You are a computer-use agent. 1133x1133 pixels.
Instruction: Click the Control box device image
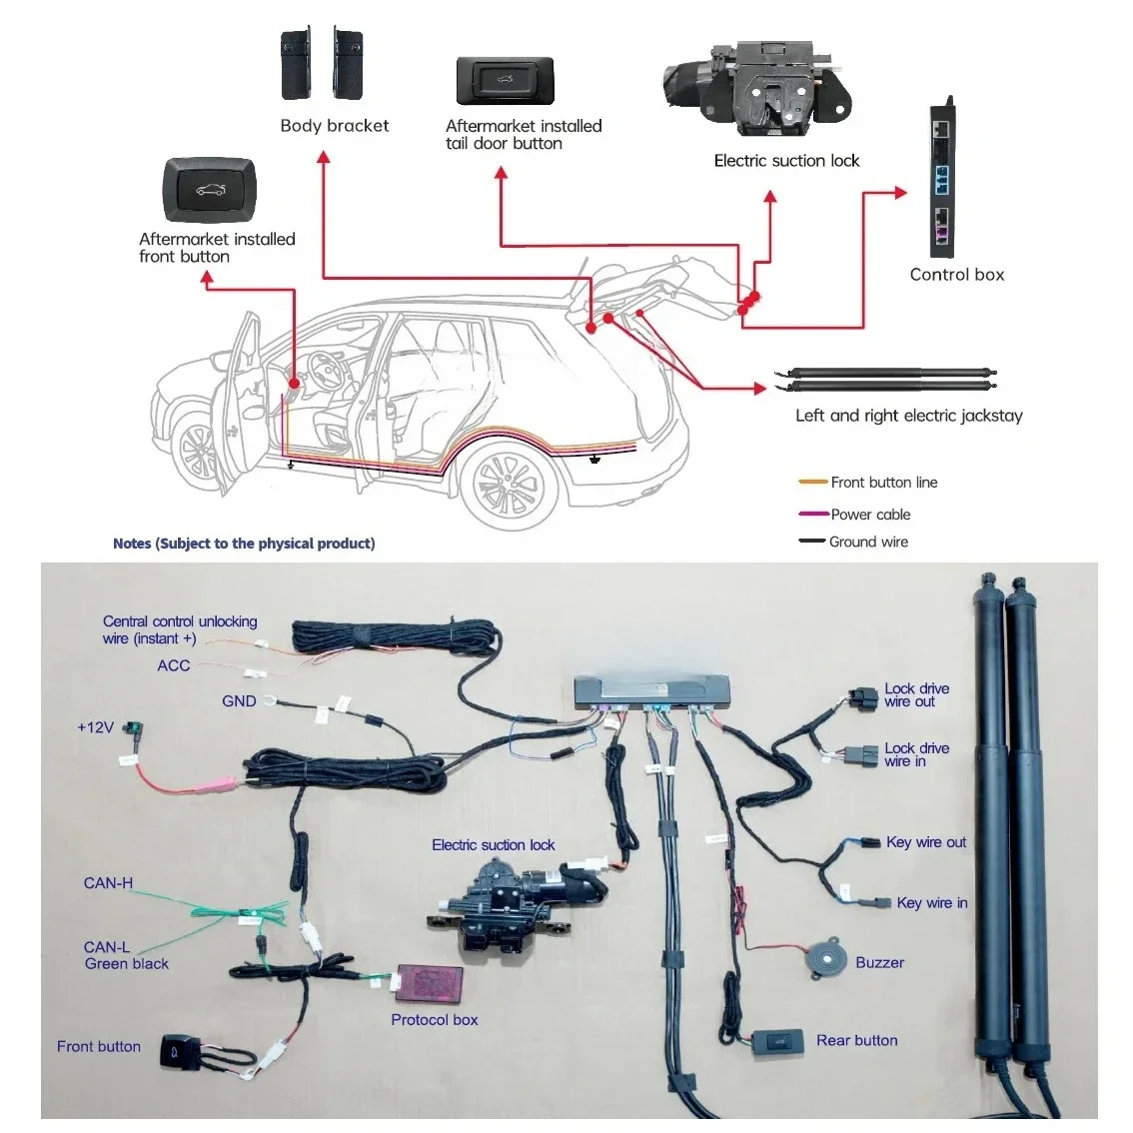pyautogui.click(x=943, y=180)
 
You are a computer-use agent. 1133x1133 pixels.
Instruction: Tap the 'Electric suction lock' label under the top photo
pyautogui.click(x=786, y=161)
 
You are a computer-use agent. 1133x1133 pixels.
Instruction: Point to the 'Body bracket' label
pyautogui.click(x=335, y=126)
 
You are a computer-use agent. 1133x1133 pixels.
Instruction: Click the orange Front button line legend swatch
pyautogui.click(x=812, y=483)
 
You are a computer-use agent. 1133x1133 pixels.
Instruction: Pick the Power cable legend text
pyautogui.click(x=870, y=515)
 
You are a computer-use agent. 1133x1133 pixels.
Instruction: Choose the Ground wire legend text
pyautogui.click(x=868, y=542)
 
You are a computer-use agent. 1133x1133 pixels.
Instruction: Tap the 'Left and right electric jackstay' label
pyautogui.click(x=909, y=416)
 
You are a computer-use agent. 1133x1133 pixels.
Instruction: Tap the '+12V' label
pyautogui.click(x=95, y=727)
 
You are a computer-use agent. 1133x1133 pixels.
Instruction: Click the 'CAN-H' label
pyautogui.click(x=108, y=883)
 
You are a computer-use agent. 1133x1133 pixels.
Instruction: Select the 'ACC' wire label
pyautogui.click(x=174, y=665)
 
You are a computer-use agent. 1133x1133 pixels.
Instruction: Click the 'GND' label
pyautogui.click(x=239, y=701)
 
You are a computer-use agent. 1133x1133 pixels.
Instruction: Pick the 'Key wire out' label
pyautogui.click(x=926, y=842)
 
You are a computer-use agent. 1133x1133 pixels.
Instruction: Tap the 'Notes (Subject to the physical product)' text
pyautogui.click(x=244, y=544)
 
